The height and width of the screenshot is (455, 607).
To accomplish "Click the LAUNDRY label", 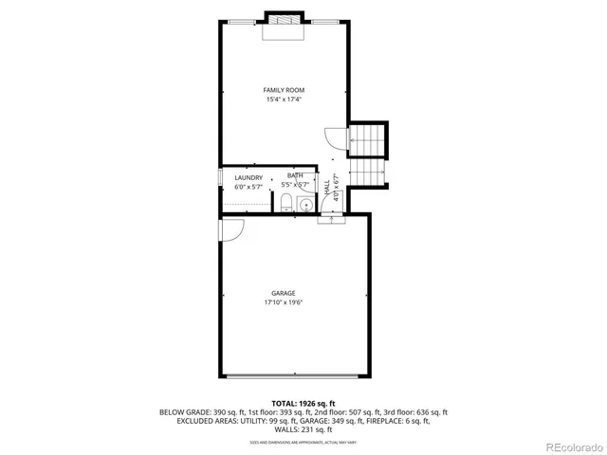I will [248, 178].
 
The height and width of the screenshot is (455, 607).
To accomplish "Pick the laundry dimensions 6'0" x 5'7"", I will [248, 187].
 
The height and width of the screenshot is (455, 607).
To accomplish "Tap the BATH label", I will [296, 175].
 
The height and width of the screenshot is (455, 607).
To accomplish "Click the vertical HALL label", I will [327, 189].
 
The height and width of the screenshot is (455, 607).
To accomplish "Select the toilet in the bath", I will [285, 203].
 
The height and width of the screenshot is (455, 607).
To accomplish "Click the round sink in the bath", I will [306, 203].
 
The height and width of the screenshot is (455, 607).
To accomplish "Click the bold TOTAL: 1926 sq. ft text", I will [303, 403].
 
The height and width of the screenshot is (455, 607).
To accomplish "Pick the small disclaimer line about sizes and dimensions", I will [303, 442].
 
